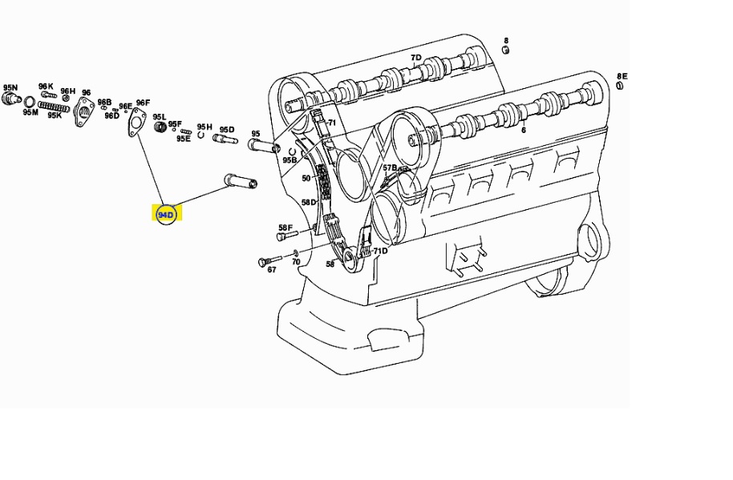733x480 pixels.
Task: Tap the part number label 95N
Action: coord(10,87)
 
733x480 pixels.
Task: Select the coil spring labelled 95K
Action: coord(54,107)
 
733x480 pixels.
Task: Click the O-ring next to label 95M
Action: coord(29,101)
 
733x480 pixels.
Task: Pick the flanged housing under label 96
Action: coord(83,111)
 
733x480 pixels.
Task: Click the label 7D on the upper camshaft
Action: coord(415,58)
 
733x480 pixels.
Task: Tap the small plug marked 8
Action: coord(505,50)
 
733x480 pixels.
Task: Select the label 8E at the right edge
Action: coord(622,76)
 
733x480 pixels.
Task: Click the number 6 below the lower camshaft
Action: coord(524,130)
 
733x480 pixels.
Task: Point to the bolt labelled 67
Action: coord(269,261)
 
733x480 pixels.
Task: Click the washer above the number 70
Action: coord(295,253)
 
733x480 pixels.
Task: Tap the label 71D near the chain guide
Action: coord(380,251)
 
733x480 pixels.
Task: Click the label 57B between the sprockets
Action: coord(390,167)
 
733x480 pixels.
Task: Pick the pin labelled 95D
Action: coord(225,139)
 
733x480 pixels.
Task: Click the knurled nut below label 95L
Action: coord(160,126)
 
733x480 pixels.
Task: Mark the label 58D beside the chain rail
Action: coord(309,202)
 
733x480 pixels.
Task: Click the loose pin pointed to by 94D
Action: coord(241,180)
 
